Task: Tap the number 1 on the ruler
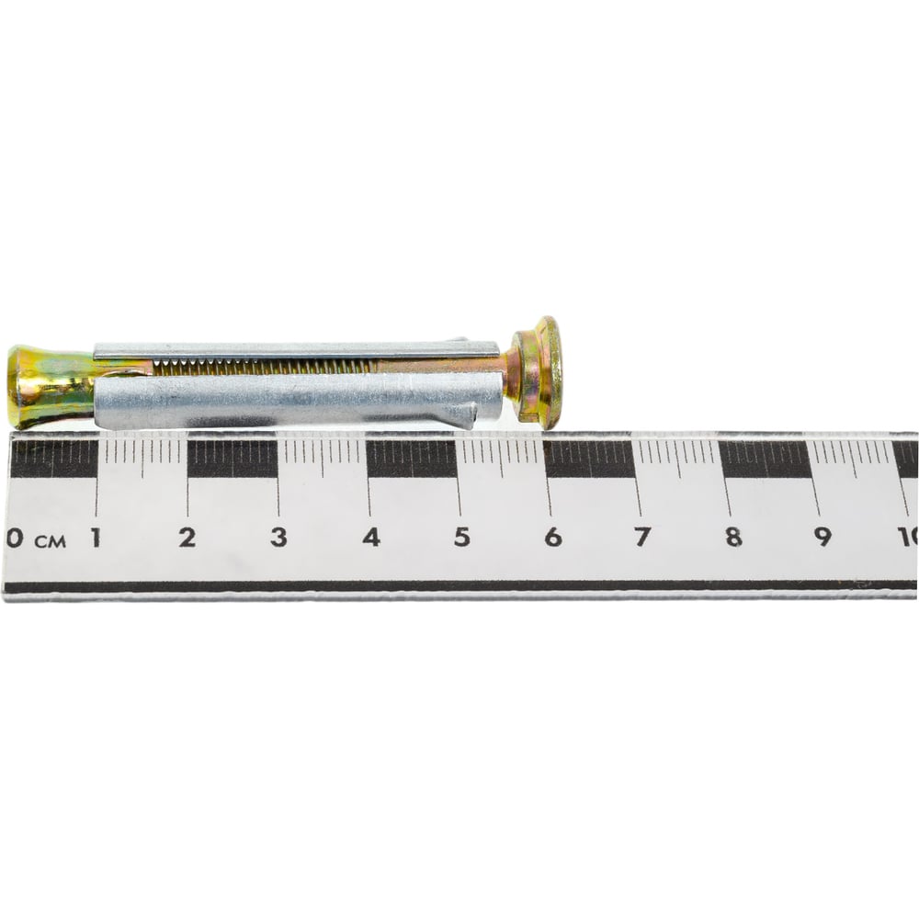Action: pos(96,538)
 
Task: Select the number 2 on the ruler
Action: pos(187,538)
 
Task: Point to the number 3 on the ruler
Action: pos(279,538)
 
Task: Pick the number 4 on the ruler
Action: pos(371,538)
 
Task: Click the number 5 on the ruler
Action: pos(462,538)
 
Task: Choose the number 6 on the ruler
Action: pos(553,538)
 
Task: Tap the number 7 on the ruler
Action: pos(643,537)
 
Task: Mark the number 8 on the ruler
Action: pos(733,537)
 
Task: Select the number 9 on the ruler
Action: pos(823,537)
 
